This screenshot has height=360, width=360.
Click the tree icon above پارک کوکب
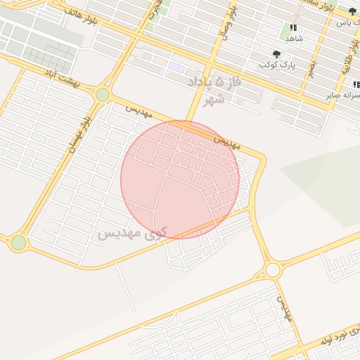click(x=276, y=54)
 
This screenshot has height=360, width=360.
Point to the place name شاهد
click(x=294, y=38)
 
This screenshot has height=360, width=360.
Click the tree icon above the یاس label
click(x=352, y=11)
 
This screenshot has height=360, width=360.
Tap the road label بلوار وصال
click(x=226, y=25)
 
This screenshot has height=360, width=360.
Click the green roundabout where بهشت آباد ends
click(x=103, y=94)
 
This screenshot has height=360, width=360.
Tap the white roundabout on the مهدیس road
click(x=273, y=270)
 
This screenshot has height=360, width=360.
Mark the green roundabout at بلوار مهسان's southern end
click(x=18, y=243)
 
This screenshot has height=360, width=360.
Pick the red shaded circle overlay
click(x=180, y=179)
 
